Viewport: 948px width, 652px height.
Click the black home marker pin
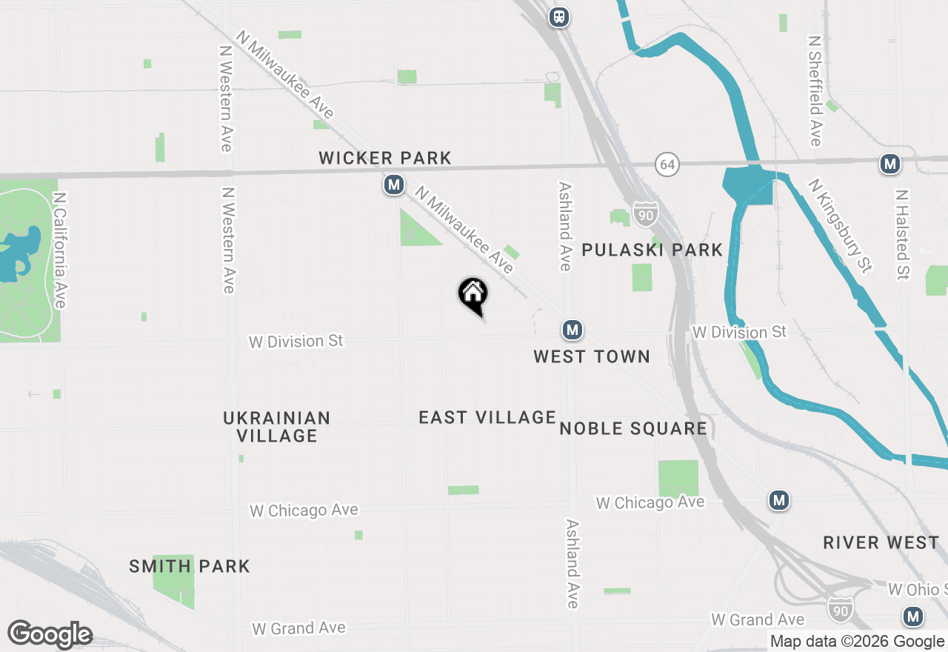(x=473, y=294)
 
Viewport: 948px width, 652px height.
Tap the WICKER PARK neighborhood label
(x=384, y=158)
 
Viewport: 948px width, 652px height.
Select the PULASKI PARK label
(x=652, y=250)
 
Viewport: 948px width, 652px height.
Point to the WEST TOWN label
(x=592, y=356)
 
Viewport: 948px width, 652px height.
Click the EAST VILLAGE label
(x=487, y=418)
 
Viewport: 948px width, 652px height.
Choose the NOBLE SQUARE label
(x=633, y=428)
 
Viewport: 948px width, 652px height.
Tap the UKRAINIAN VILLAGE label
(x=277, y=427)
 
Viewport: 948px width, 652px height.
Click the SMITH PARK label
(x=190, y=567)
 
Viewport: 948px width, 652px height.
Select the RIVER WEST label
(x=881, y=543)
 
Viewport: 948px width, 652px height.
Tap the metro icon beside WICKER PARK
(x=394, y=184)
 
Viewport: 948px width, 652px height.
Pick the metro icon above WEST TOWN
(x=572, y=329)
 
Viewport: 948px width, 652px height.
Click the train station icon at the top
(x=560, y=16)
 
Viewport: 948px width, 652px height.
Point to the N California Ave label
(x=59, y=250)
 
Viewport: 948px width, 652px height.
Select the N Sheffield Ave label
(x=815, y=90)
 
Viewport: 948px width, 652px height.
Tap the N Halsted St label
(x=901, y=235)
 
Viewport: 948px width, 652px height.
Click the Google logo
(x=50, y=634)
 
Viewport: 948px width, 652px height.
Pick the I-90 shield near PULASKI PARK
(x=645, y=213)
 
